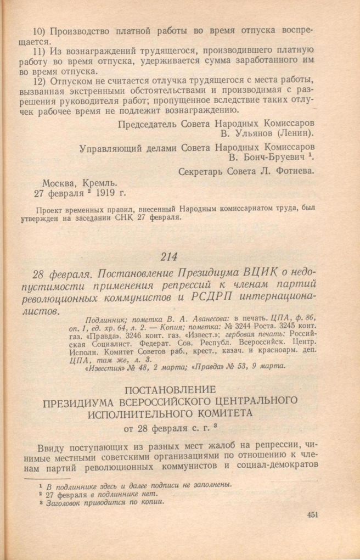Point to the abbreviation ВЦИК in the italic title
[252, 273]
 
